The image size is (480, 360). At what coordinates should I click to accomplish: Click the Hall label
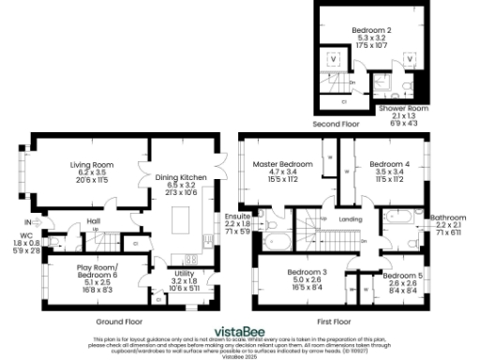click(x=94, y=221)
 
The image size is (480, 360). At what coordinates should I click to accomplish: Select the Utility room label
click(x=184, y=273)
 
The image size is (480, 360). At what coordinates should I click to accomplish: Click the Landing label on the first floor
click(x=350, y=219)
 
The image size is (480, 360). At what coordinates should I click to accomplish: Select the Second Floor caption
click(x=335, y=123)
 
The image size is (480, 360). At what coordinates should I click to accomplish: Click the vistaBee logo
click(x=239, y=331)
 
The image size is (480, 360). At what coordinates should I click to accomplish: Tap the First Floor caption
click(x=335, y=320)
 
